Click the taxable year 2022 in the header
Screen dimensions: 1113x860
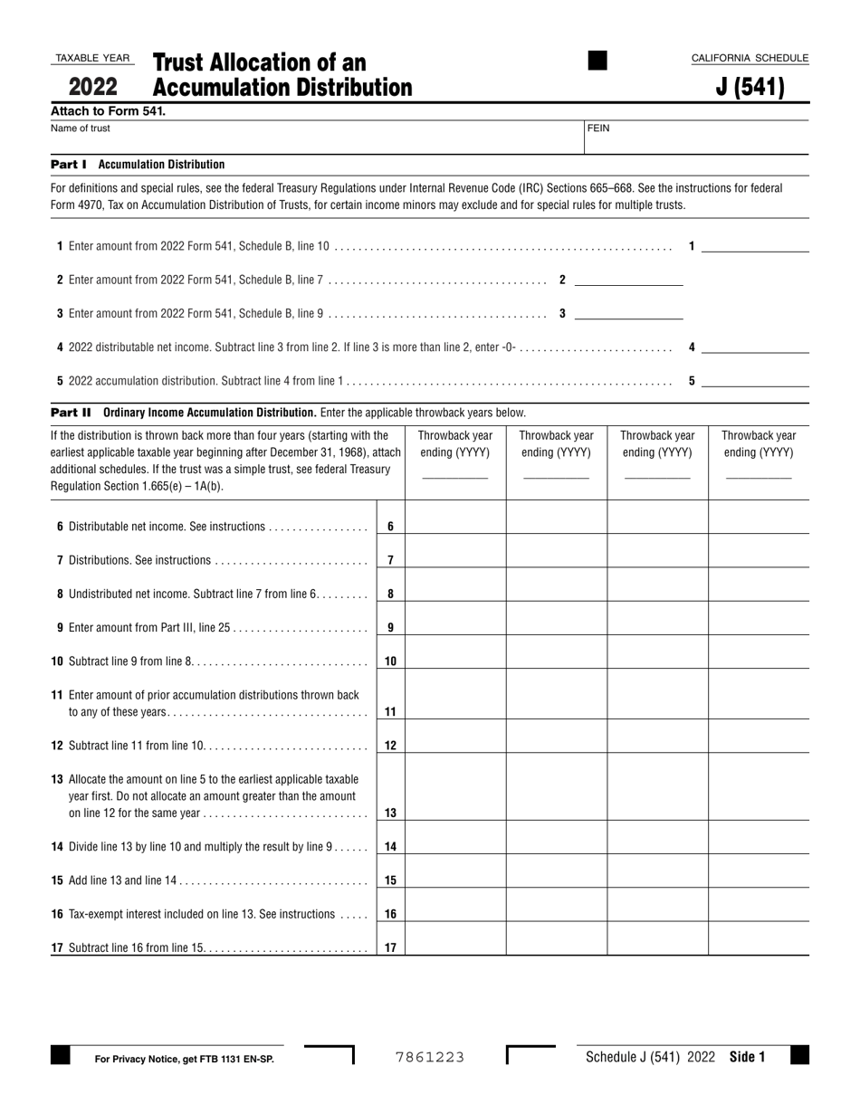[x=92, y=88]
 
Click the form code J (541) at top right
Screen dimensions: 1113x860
[x=750, y=88]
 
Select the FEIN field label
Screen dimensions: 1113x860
[x=598, y=128]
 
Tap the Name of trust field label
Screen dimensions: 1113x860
[x=81, y=128]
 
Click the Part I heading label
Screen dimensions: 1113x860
[x=69, y=165]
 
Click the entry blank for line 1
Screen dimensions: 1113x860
[x=755, y=246]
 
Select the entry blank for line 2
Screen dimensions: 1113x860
[x=628, y=280]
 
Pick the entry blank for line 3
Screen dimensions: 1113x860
[x=628, y=313]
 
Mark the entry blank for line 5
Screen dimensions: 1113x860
[x=755, y=381]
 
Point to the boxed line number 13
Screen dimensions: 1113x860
[x=390, y=813]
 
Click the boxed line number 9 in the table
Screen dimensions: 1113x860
[x=390, y=627]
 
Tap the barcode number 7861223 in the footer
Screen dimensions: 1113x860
[x=430, y=1057]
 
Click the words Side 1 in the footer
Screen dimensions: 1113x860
[x=747, y=1057]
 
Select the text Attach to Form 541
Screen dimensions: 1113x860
[x=108, y=111]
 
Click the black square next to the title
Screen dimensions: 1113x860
[x=597, y=61]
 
